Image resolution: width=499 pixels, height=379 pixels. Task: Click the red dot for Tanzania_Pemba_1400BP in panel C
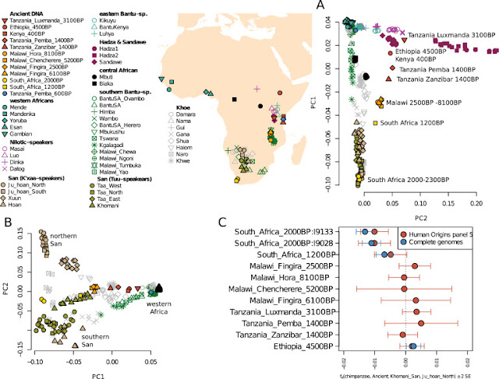click(x=421, y=322)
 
